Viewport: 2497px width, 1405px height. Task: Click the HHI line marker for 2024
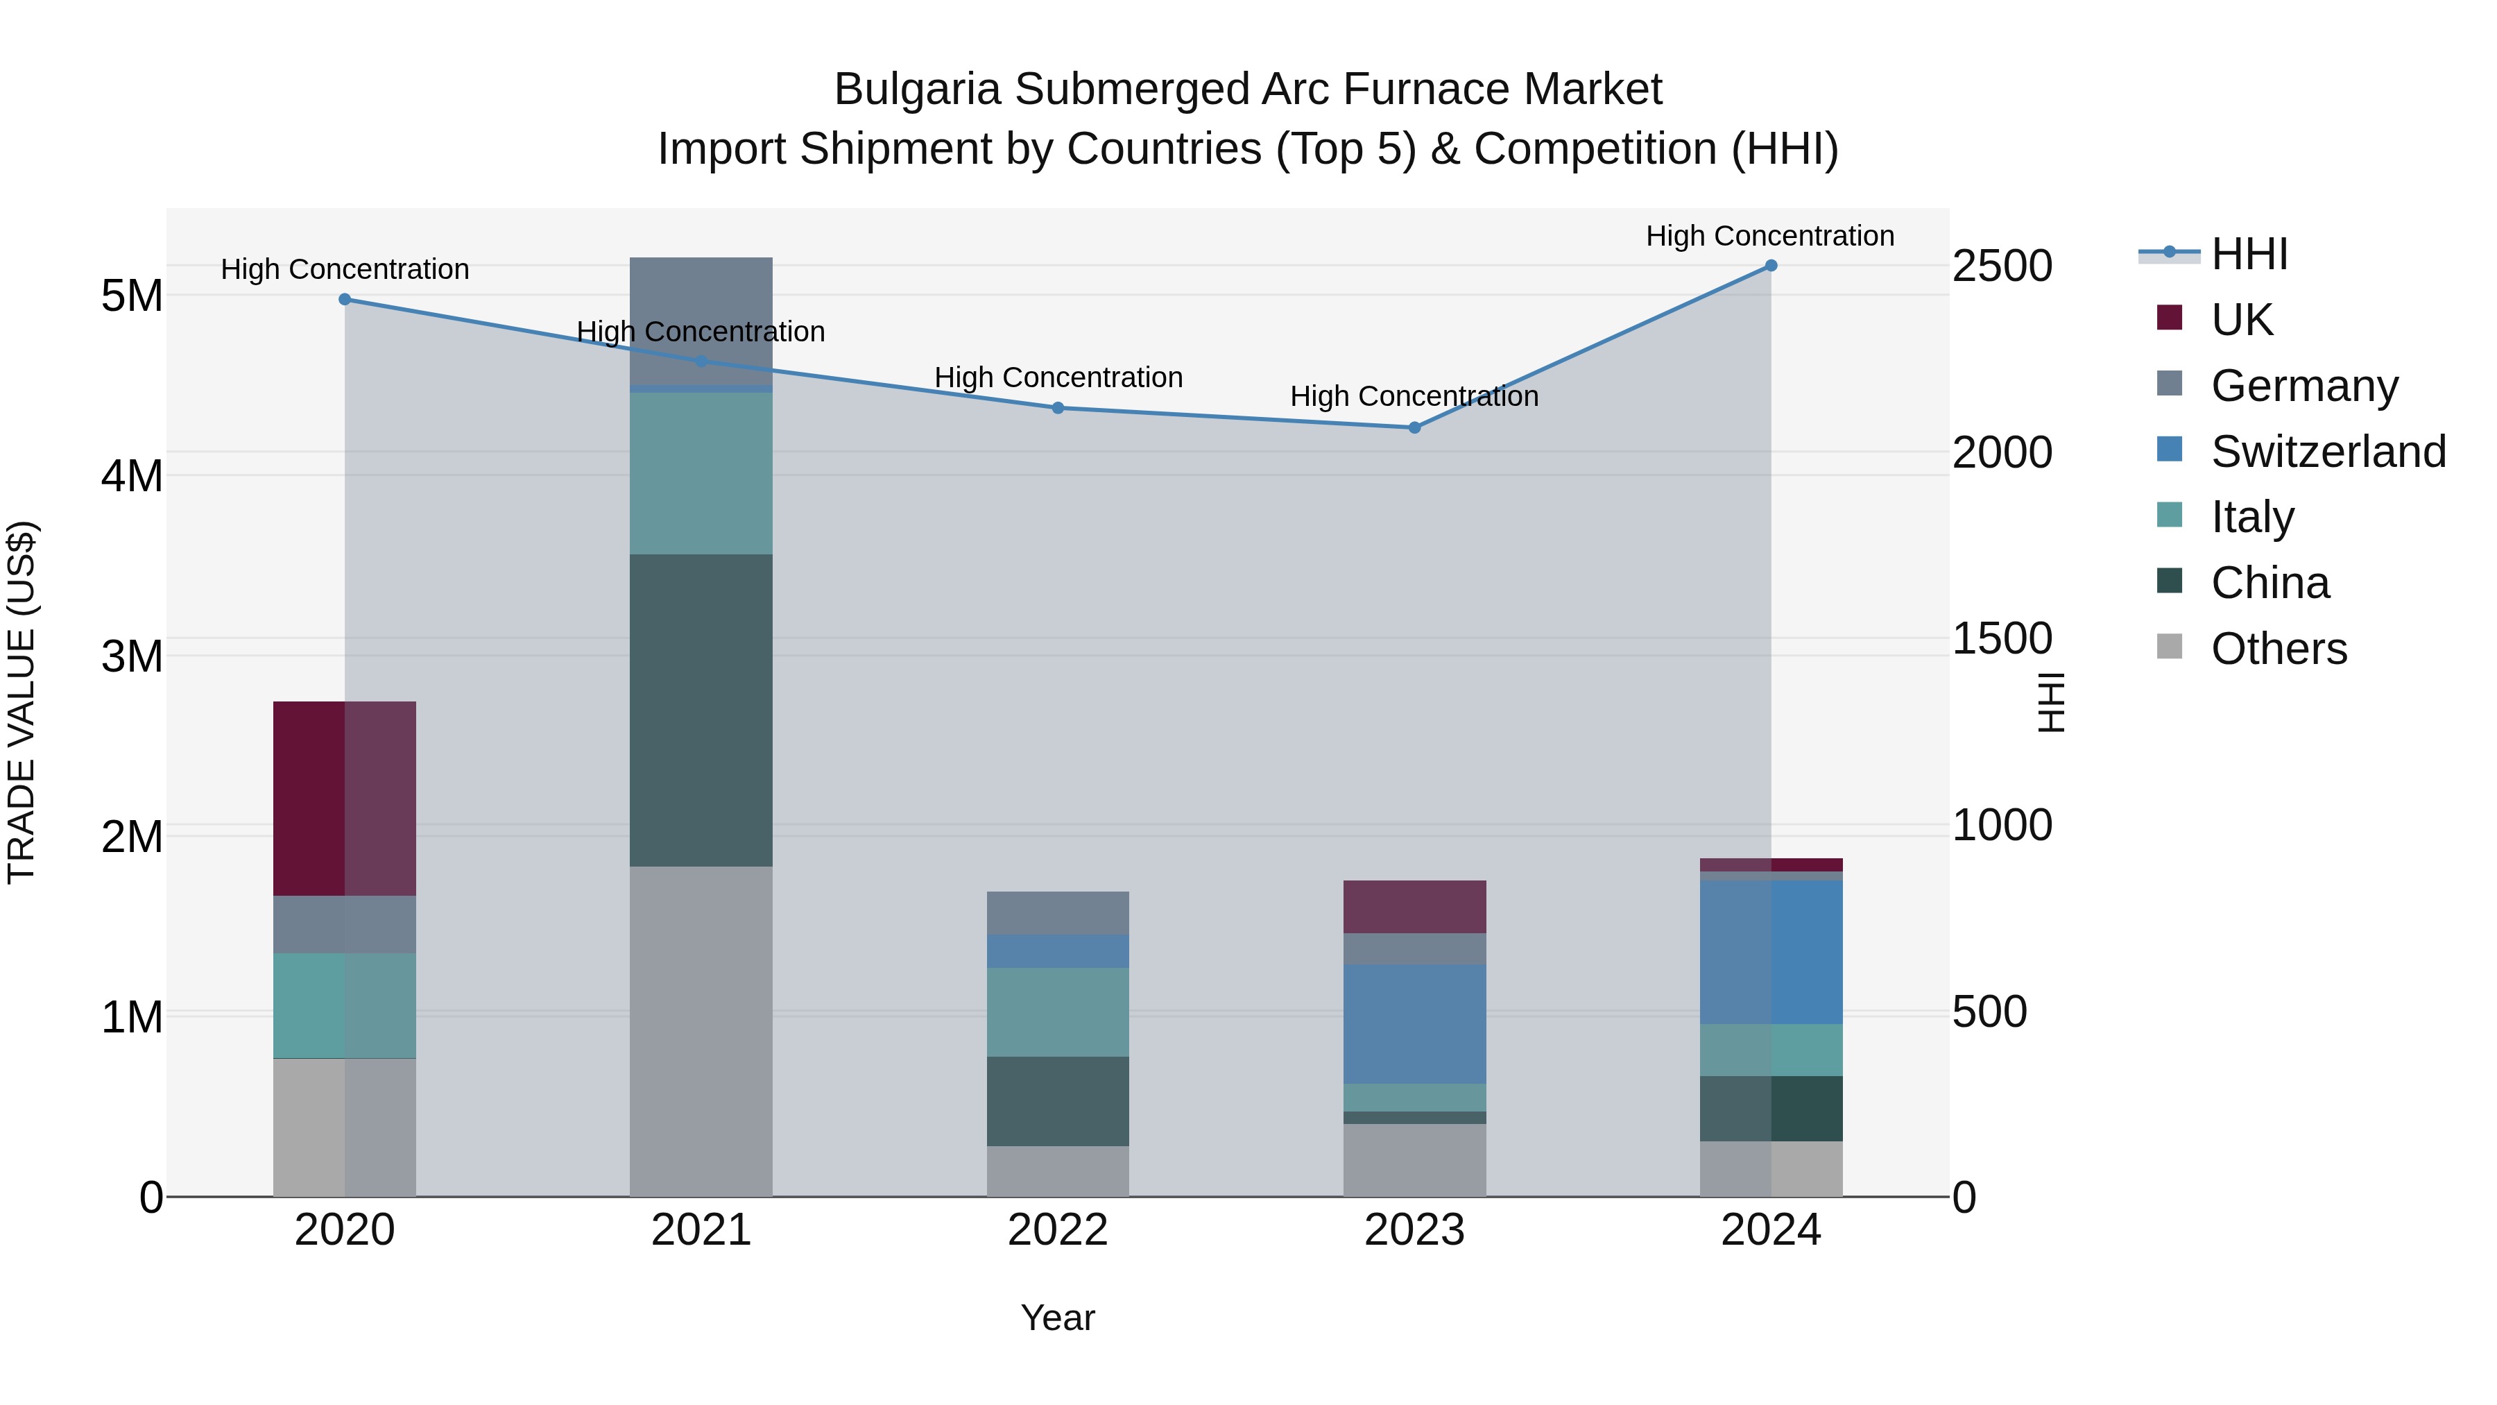coord(1770,266)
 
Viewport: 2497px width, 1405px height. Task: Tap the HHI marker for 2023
coord(1414,427)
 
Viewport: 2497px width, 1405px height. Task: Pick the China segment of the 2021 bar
coord(701,710)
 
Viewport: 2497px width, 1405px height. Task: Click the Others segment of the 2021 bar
coord(701,1031)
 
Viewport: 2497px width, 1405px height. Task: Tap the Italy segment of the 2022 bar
coord(1058,1012)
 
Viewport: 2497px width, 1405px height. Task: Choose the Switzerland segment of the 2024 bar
coord(1770,952)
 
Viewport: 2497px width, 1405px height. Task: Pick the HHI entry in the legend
coord(2249,254)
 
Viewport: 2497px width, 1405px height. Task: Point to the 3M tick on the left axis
coord(132,656)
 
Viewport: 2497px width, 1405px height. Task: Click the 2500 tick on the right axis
coord(2002,266)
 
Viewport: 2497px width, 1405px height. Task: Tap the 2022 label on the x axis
coord(1058,1230)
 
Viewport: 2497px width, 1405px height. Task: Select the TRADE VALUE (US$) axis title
coord(22,702)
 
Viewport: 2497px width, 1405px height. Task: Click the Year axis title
coord(1058,1318)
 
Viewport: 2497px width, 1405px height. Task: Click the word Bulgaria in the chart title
coord(917,90)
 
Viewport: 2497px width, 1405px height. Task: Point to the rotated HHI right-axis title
coord(2051,702)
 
